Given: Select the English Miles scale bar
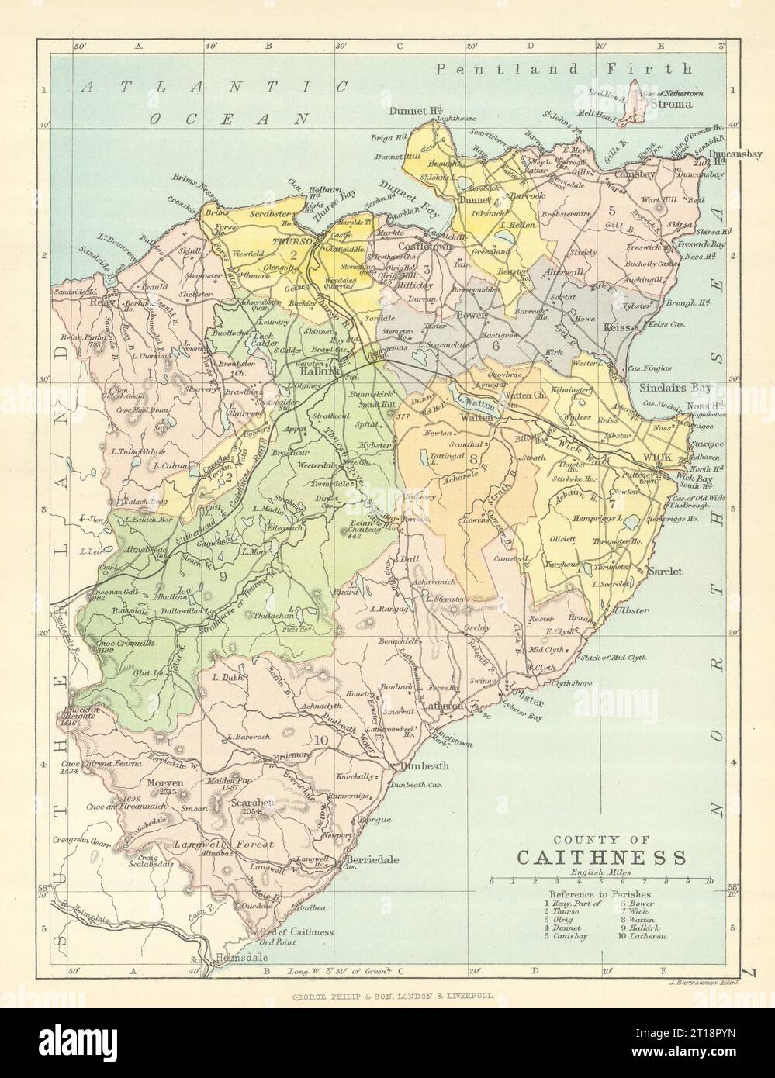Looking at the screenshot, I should [600, 881].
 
